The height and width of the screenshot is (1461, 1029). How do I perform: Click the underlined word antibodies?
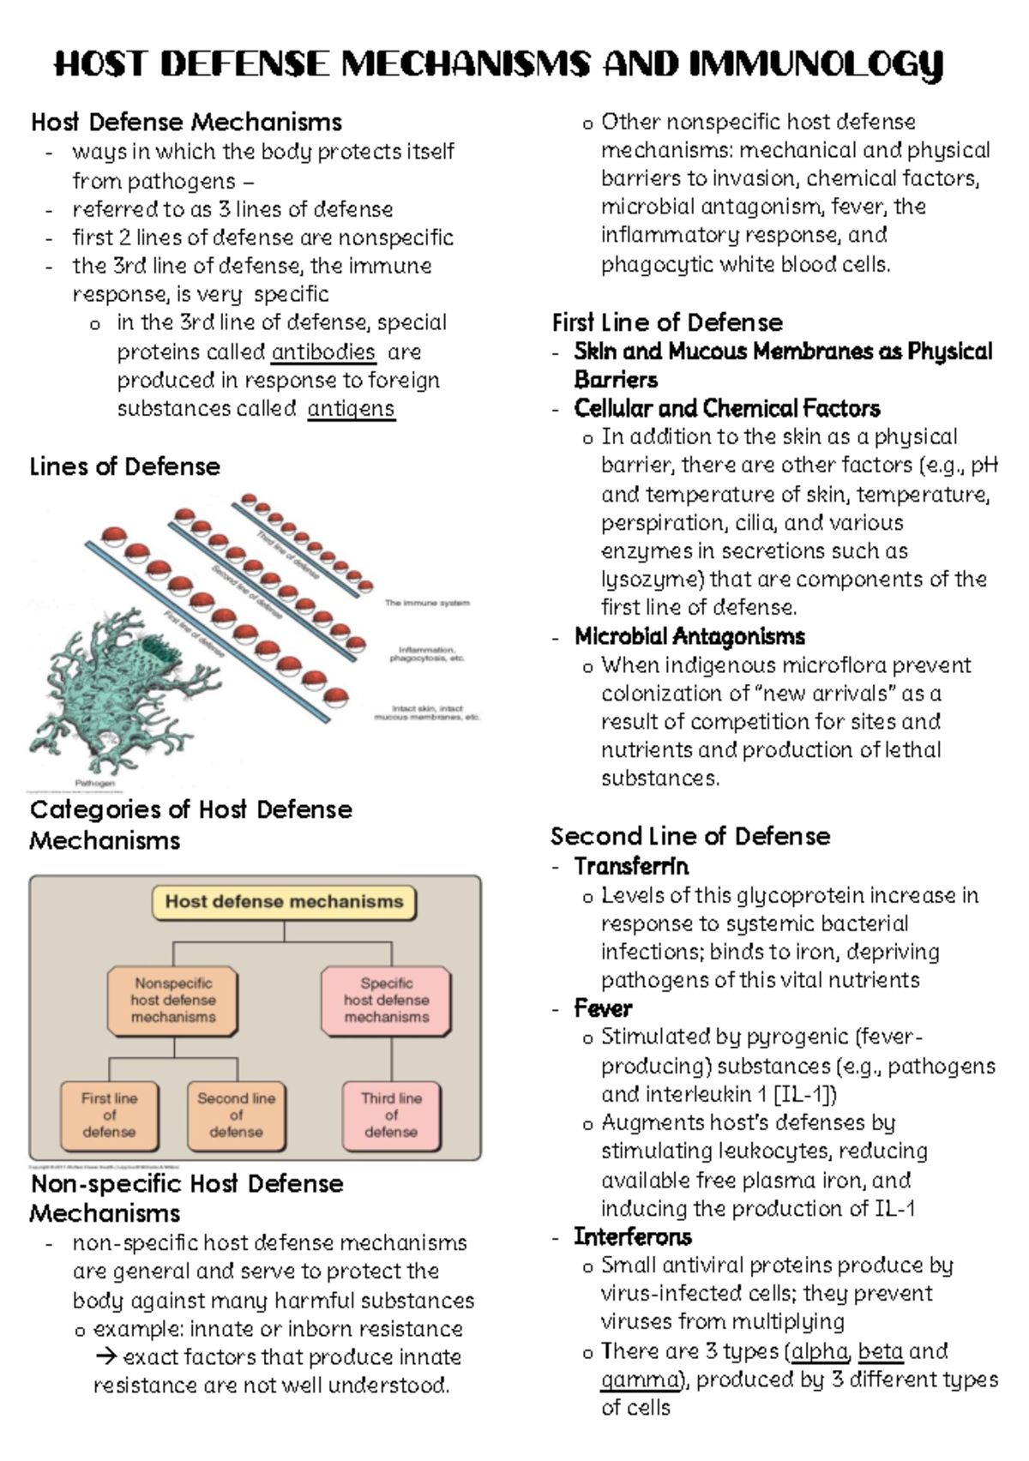323,352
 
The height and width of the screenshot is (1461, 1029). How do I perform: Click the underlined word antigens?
351,409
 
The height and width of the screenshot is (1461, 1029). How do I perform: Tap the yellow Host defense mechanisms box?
284,902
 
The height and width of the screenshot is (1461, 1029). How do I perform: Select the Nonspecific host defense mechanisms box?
173,1001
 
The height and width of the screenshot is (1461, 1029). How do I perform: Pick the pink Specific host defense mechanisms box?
386,1001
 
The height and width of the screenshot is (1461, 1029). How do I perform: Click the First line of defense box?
109,1115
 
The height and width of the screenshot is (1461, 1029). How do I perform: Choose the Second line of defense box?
236,1115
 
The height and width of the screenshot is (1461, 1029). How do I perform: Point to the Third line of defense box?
391,1115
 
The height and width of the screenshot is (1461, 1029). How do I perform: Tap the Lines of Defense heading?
125,466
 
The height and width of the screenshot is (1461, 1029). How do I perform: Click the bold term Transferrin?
631,866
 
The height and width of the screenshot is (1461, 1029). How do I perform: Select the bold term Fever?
603,1008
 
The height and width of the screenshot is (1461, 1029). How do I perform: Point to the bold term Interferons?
633,1236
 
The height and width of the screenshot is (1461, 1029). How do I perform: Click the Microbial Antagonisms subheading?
689,636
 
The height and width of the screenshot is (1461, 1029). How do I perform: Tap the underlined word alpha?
820,1351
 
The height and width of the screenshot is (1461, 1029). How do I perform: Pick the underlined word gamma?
640,1380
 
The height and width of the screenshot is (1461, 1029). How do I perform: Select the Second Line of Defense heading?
690,836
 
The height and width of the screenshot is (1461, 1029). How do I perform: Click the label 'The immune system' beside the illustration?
427,604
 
